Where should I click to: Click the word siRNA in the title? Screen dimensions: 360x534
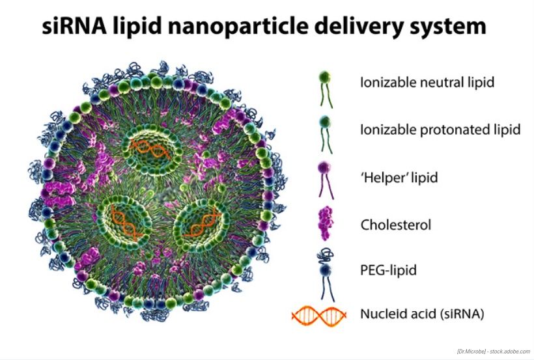pos(74,27)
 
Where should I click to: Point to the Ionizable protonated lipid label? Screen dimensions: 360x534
pos(440,130)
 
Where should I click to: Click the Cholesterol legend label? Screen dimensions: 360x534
pos(396,225)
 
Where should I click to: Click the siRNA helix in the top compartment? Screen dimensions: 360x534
pos(154,149)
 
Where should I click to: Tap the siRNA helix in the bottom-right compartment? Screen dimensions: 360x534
pos(201,224)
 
